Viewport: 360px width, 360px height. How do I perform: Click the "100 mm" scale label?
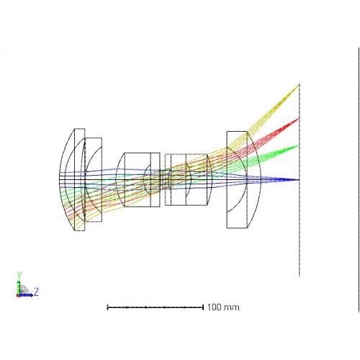[223, 307]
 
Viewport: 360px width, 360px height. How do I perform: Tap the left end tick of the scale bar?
[107, 307]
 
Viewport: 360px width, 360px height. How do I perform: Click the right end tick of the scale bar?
[203, 307]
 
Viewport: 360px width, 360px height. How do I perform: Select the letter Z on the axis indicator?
[36, 292]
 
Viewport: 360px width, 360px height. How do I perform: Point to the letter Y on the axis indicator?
[19, 275]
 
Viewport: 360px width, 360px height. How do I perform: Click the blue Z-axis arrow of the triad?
[25, 295]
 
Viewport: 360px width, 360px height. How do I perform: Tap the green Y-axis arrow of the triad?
[19, 287]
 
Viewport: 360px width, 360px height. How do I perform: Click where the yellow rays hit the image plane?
[299, 85]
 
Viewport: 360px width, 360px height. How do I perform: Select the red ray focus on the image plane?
[299, 119]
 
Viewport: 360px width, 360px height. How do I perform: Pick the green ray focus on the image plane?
[298, 145]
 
